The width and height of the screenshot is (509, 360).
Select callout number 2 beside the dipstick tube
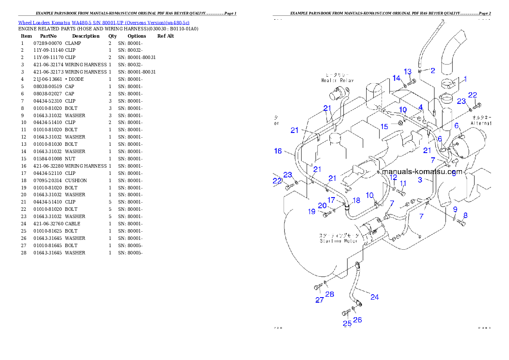pos(433,71)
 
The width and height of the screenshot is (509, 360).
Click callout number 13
pos(408,71)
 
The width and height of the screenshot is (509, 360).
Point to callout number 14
pos(397,78)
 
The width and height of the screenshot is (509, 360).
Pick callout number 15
pos(385,127)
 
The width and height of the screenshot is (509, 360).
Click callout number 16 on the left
pos(278,151)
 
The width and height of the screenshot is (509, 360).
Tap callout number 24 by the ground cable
pos(375,297)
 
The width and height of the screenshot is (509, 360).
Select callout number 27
pos(320,300)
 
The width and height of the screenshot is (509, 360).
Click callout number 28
pos(330,294)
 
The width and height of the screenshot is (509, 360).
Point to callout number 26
pos(358,319)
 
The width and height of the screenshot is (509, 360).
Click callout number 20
pos(322,205)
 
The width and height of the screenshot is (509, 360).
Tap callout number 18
pos(356,200)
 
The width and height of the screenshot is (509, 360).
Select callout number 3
pos(420,180)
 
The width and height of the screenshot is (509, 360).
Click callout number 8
pos(465,215)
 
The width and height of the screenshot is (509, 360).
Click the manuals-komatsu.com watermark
pos(422,172)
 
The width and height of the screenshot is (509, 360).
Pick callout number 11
pos(403,183)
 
